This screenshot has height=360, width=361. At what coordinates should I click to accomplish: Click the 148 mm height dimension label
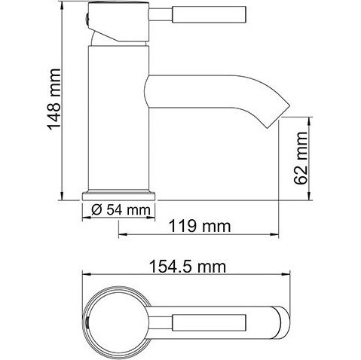pyautogui.click(x=54, y=99)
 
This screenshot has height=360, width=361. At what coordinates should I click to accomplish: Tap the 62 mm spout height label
pyautogui.click(x=301, y=158)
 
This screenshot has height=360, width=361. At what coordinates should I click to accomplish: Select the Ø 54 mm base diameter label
pyautogui.click(x=121, y=209)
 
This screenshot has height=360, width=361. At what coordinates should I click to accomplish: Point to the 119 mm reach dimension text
pyautogui.click(x=200, y=226)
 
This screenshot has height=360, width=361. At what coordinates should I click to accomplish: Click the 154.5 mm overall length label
pyautogui.click(x=188, y=267)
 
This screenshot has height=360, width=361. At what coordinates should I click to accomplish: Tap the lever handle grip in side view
pyautogui.click(x=209, y=15)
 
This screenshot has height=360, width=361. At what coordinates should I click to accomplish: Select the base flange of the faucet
pyautogui.click(x=118, y=196)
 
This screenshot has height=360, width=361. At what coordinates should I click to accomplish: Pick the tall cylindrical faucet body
pyautogui.click(x=118, y=117)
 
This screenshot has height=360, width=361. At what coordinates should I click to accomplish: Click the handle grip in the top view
pyautogui.click(x=209, y=322)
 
